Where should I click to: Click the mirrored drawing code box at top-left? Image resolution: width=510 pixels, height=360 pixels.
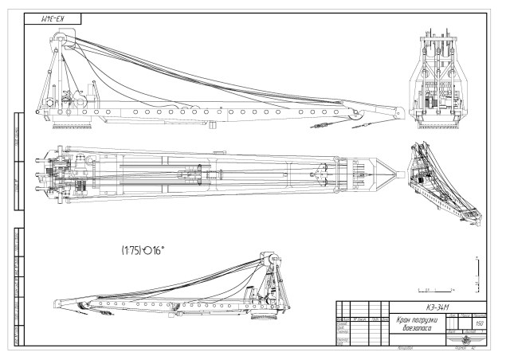click(x=52, y=18)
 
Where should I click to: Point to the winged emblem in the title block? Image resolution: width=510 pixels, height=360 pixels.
click(x=463, y=341)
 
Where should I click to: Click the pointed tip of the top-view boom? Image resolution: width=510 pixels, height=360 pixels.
click(x=396, y=171)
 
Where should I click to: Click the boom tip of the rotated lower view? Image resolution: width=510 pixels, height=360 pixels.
click(x=53, y=303)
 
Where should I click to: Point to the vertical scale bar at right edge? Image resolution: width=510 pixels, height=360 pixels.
click(x=476, y=271)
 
